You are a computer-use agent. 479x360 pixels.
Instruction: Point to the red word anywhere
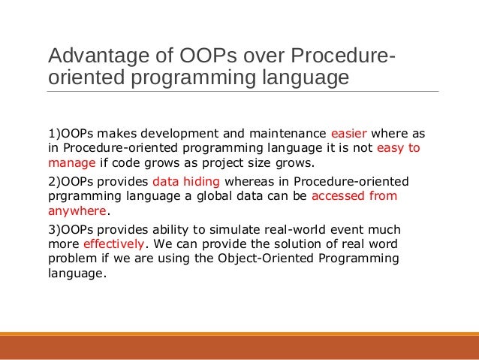click(77, 210)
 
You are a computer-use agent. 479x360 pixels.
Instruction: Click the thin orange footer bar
click(239, 334)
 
